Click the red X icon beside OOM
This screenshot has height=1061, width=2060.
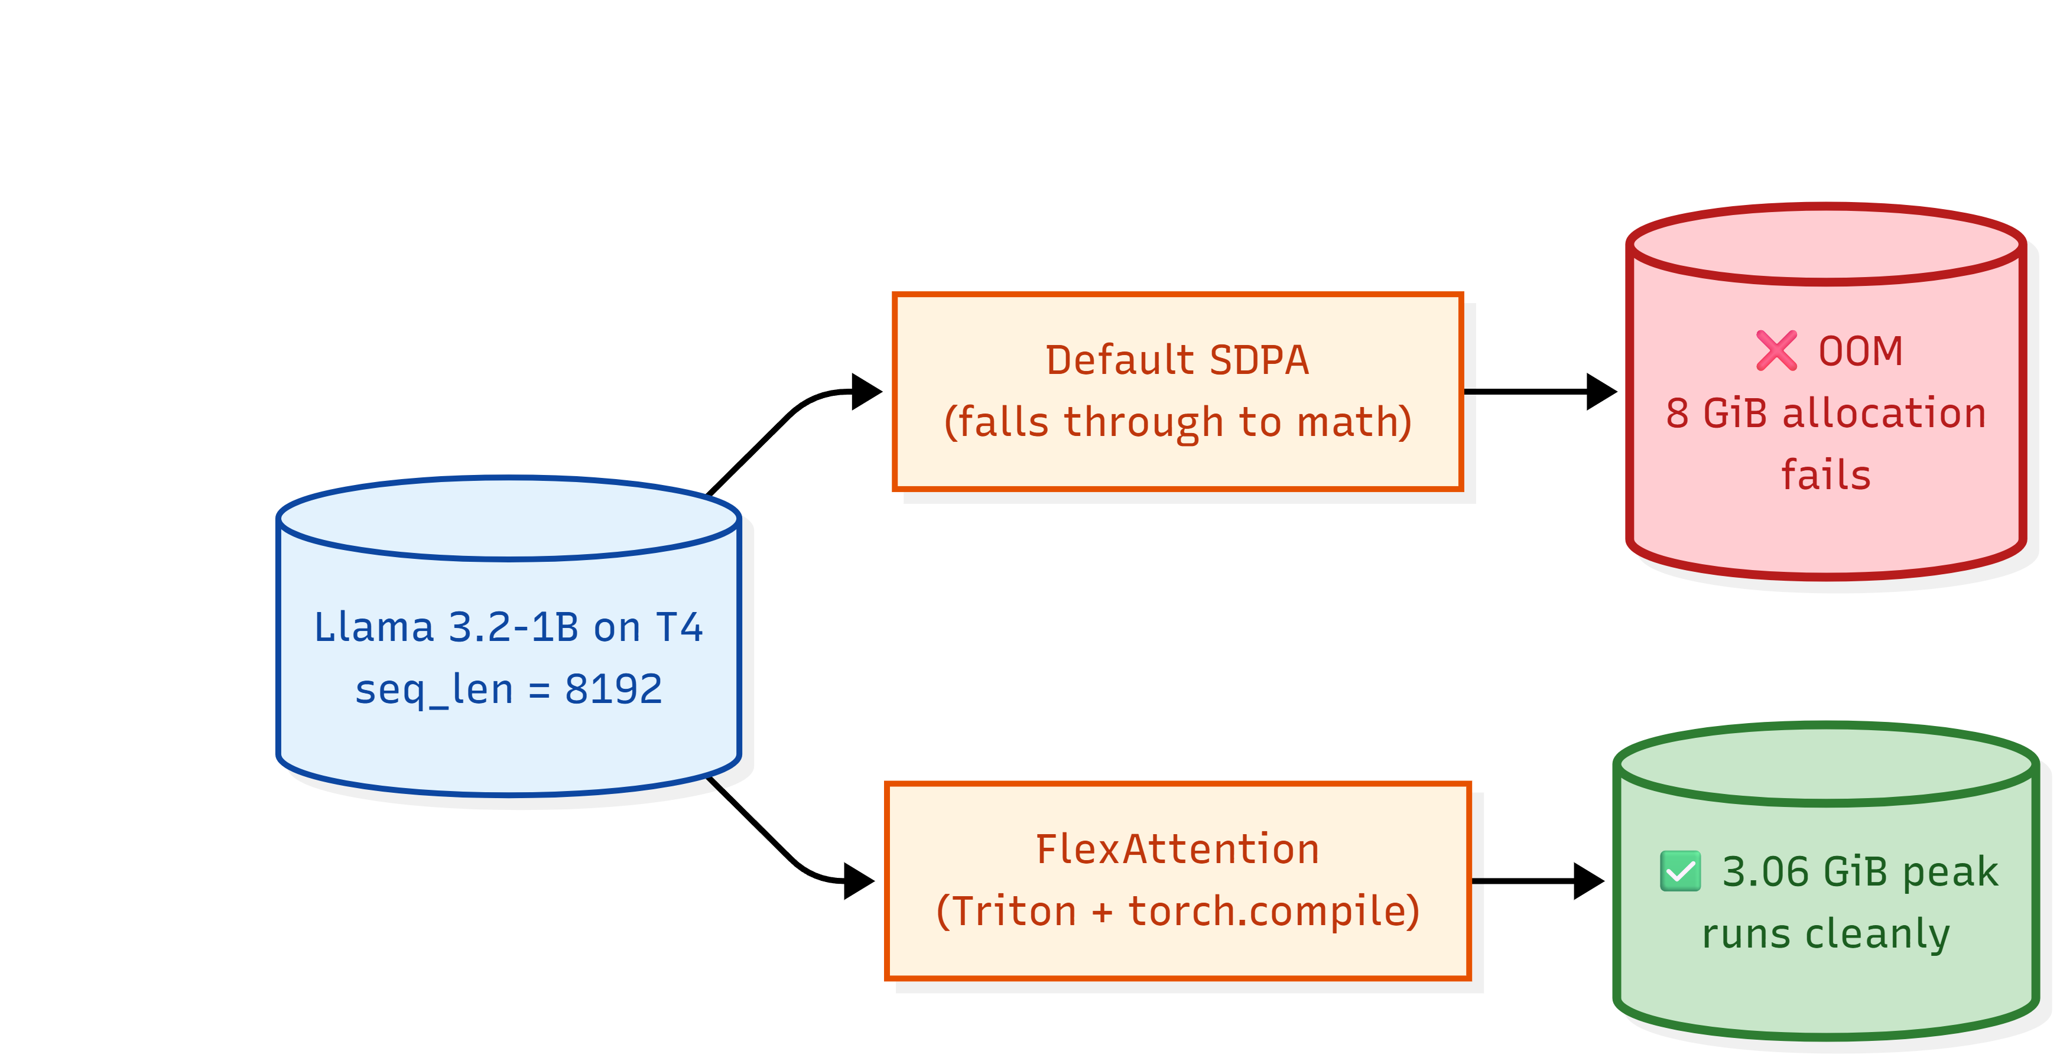(1776, 351)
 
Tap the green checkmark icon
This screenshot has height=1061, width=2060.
(1680, 871)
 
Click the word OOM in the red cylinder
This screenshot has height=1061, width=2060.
(1860, 352)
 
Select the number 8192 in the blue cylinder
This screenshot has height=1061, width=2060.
(613, 689)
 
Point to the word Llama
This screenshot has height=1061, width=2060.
(373, 627)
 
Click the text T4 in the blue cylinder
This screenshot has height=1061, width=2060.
(679, 627)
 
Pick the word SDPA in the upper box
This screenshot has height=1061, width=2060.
(1259, 360)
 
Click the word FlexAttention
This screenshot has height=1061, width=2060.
(1177, 849)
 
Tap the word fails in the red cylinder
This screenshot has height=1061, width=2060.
(1825, 475)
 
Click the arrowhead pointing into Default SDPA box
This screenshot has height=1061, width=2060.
(867, 392)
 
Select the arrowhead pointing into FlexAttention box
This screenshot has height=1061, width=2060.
(860, 881)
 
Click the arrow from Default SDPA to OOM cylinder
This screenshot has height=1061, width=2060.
(1540, 392)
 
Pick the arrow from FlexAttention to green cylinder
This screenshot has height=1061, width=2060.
(1538, 881)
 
